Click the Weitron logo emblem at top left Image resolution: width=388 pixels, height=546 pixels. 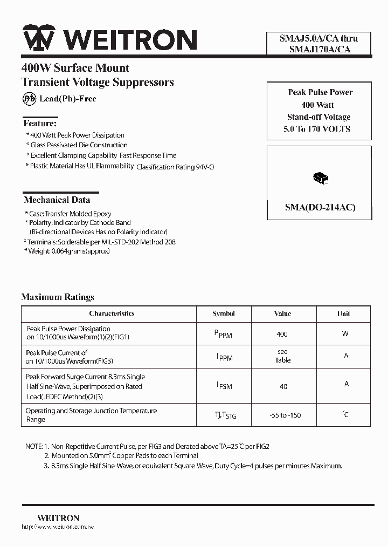pos(39,39)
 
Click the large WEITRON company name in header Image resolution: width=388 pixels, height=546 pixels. pos(129,40)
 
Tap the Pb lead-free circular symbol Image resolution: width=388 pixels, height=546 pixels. pos(29,99)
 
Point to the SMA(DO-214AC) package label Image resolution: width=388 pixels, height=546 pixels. pos(320,208)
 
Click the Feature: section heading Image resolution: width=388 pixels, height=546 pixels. pos(39,124)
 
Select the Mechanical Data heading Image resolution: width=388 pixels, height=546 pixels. pos(57,200)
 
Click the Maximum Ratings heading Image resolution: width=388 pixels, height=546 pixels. pos(58,297)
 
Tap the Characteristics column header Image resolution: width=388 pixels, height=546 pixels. pos(112,313)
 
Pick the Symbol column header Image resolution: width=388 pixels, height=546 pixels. pos(224,313)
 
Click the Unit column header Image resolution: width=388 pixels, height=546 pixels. pos(344,314)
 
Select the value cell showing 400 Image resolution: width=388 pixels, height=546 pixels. pos(282,335)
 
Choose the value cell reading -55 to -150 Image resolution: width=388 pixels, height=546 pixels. pos(285,415)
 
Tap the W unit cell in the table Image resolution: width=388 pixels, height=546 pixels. pos(345,334)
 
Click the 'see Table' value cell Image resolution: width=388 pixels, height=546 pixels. pos(283,356)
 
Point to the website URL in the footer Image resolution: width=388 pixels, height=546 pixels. pos(58,527)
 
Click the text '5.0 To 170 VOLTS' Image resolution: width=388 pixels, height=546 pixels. pos(317,129)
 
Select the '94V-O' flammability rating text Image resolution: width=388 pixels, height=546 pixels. pos(205,167)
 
